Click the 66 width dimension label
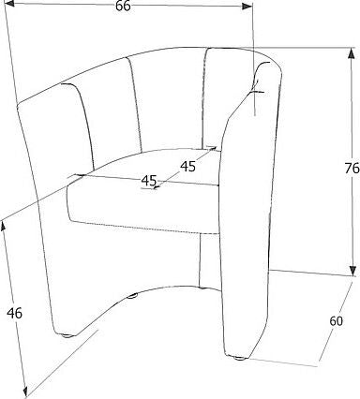(123, 7)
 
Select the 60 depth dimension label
(337, 321)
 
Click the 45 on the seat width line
(148, 181)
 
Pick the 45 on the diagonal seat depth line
(187, 166)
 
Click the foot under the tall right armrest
(241, 357)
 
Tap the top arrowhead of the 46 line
(4, 224)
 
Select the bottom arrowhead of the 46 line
(37, 394)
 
